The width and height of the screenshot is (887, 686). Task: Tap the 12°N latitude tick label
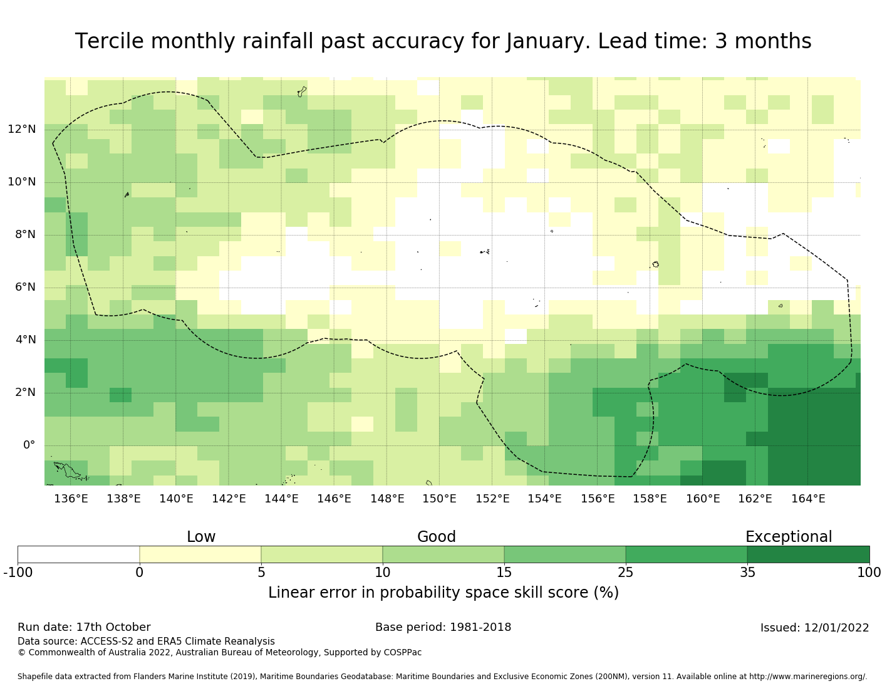21,130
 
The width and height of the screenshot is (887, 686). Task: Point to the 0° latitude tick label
29,445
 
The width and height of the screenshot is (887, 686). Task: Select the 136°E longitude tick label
71,499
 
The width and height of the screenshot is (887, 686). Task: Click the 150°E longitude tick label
439,499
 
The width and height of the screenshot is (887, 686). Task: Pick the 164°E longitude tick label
808,499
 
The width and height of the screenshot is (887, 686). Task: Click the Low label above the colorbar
201,537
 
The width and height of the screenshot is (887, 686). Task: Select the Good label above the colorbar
437,537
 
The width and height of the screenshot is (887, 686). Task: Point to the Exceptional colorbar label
788,537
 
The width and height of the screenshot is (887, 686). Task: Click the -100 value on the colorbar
18,572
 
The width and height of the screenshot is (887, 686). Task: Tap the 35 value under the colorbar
747,572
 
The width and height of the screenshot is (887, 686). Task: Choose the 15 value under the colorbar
504,572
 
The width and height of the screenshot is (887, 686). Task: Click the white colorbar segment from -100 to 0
78,554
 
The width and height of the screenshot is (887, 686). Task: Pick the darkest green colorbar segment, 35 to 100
808,554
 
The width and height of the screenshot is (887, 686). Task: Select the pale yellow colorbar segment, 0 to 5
200,554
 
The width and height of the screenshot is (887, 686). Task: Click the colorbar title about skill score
443,593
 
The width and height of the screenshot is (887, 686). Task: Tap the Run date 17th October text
84,627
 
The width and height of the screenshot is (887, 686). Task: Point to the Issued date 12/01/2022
814,628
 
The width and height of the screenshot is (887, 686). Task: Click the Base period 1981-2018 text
443,627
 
